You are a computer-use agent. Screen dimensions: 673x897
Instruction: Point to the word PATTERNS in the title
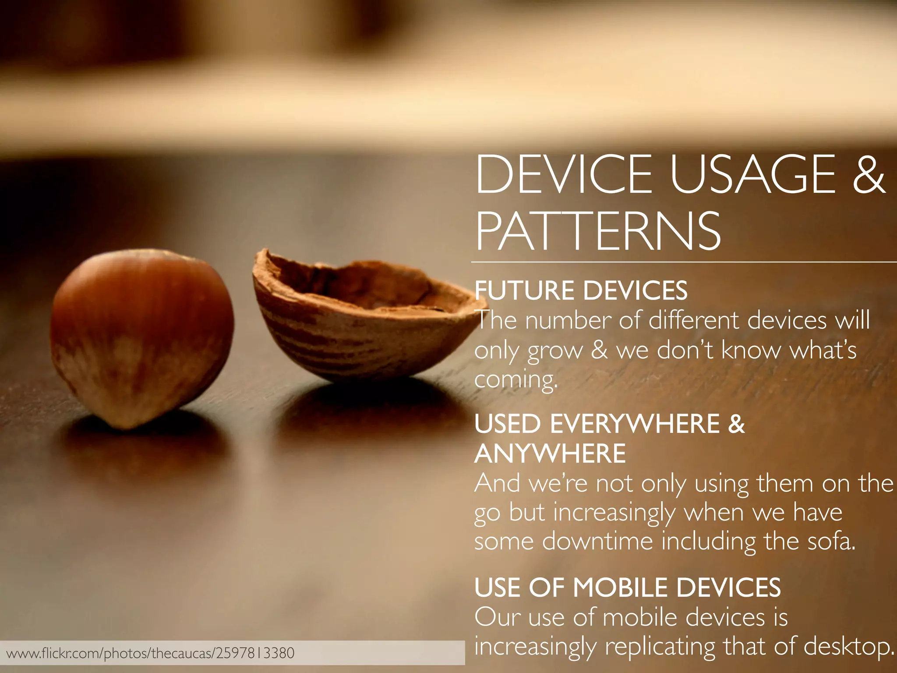tap(598, 231)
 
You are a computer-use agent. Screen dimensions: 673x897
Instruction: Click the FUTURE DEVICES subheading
tap(581, 290)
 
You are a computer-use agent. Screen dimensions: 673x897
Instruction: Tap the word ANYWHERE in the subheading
tap(550, 453)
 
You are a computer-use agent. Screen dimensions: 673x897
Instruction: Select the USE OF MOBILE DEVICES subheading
tap(627, 588)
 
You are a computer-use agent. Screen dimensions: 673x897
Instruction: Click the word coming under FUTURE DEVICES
tap(516, 379)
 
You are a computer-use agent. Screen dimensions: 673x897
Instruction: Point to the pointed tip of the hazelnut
tap(127, 425)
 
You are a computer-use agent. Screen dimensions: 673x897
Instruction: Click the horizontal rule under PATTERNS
tap(683, 262)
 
